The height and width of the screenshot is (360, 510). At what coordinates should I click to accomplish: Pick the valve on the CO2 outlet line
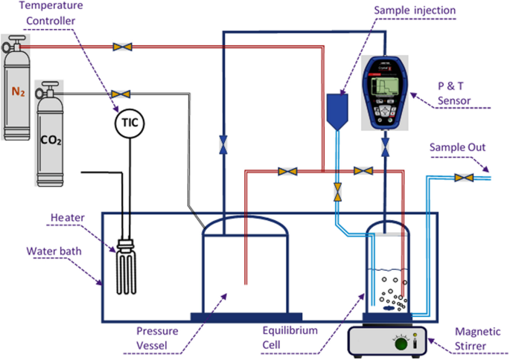[x=116, y=94]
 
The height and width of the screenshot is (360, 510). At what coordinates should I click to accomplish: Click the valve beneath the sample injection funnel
[x=337, y=190]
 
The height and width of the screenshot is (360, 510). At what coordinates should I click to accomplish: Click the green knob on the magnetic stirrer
[x=401, y=344]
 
